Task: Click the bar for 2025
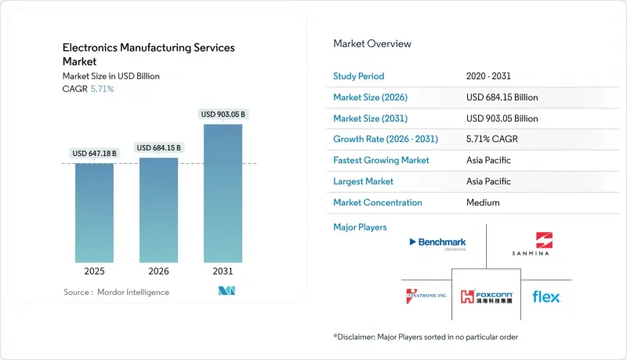coord(94,212)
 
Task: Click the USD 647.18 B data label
coord(94,153)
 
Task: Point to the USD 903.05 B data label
coord(223,115)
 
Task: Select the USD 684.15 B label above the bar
coord(158,147)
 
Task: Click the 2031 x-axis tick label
coord(223,271)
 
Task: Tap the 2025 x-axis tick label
coord(94,271)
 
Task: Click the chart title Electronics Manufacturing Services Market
coord(148,54)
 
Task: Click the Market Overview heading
coord(372,43)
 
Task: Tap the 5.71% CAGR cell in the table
coord(491,139)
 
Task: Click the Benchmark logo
coord(437,243)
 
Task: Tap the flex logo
coord(546,296)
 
